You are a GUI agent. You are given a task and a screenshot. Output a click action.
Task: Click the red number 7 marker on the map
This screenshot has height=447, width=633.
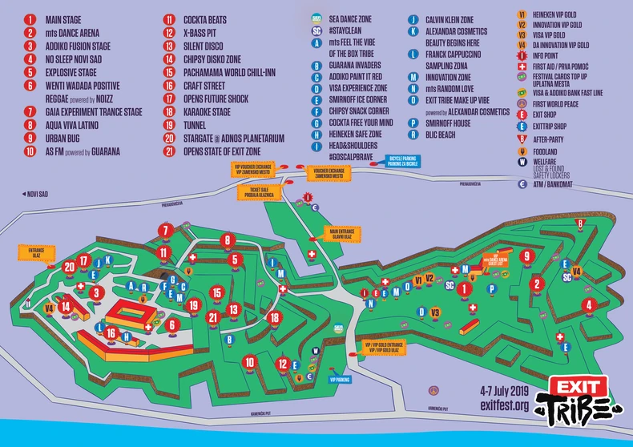(166, 232)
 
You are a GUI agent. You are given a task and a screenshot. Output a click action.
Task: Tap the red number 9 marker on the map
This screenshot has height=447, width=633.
(526, 256)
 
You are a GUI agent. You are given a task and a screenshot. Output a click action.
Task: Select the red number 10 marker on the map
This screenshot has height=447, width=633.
(250, 362)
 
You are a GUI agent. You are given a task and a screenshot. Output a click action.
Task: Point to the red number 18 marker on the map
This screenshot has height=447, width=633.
(275, 318)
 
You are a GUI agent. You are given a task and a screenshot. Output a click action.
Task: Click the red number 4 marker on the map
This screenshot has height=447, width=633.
(589, 304)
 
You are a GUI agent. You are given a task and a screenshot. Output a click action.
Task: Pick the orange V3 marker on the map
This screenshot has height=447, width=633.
(436, 312)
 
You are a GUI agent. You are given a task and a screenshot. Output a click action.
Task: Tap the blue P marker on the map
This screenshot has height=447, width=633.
(491, 288)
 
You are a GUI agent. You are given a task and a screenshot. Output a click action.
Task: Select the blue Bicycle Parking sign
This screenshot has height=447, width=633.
(403, 163)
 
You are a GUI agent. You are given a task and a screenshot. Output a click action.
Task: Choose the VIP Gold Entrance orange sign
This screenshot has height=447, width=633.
(385, 348)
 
